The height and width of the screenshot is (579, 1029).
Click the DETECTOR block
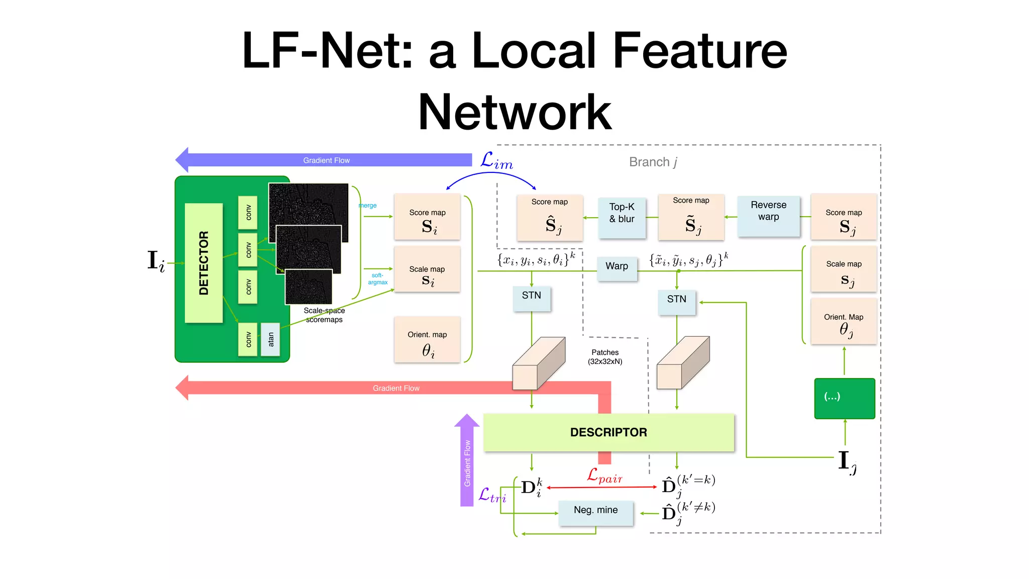(203, 263)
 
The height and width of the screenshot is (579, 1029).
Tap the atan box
(270, 339)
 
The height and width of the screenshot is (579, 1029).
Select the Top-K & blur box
(622, 217)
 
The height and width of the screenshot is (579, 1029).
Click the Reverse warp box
(768, 216)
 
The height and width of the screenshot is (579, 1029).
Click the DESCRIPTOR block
(608, 432)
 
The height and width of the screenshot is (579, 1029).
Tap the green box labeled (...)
(844, 398)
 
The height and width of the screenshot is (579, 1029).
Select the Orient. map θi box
(427, 340)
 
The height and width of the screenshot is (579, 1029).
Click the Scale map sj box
(844, 269)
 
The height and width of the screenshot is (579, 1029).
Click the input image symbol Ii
(156, 261)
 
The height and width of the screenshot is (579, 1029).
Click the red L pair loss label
(604, 475)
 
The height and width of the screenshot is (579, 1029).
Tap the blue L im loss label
(496, 161)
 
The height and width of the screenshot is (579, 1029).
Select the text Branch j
(653, 162)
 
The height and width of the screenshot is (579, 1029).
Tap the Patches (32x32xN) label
(605, 357)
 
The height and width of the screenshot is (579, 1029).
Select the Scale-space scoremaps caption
(324, 315)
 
